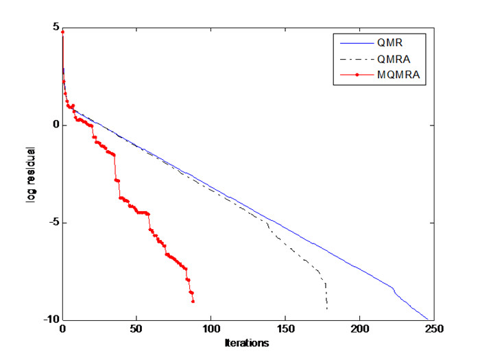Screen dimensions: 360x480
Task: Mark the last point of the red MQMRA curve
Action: pyautogui.click(x=193, y=301)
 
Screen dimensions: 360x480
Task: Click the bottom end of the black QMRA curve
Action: pyautogui.click(x=327, y=309)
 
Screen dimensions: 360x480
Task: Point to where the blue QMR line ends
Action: pyautogui.click(x=427, y=320)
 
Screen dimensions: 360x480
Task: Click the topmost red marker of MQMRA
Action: pyautogui.click(x=62, y=32)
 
